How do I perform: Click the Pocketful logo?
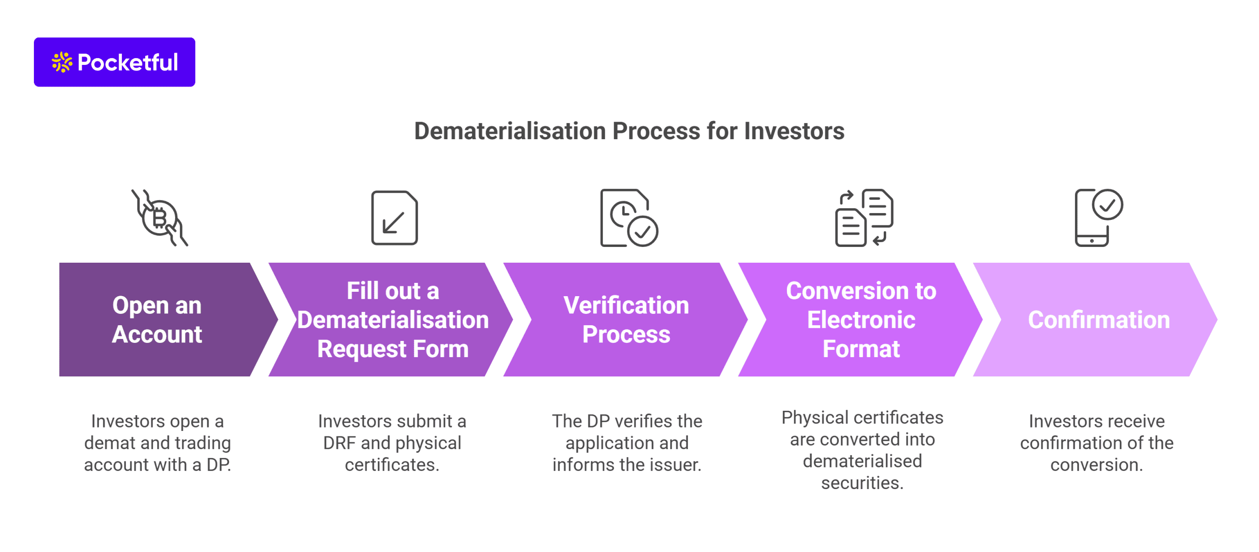114,62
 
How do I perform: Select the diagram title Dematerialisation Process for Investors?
629,131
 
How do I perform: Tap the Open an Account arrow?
157,320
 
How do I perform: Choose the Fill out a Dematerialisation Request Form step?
392,320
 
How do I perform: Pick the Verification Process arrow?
626,320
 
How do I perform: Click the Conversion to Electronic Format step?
861,320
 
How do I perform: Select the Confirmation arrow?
1098,320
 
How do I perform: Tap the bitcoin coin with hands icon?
159,218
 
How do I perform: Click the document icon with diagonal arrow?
394,218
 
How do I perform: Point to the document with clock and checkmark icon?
629,218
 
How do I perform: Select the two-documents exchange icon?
864,218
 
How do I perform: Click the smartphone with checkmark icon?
1098,218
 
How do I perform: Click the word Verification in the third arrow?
626,305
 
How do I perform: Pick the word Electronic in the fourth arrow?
861,320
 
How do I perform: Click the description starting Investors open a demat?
157,443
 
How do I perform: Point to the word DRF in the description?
339,443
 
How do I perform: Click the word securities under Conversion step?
862,483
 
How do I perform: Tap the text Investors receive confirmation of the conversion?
1096,443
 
